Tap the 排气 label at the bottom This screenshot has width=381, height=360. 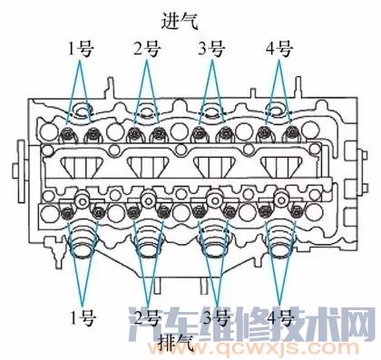[179, 343]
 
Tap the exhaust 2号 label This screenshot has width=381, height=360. [147, 317]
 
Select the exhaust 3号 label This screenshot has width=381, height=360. [215, 317]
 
